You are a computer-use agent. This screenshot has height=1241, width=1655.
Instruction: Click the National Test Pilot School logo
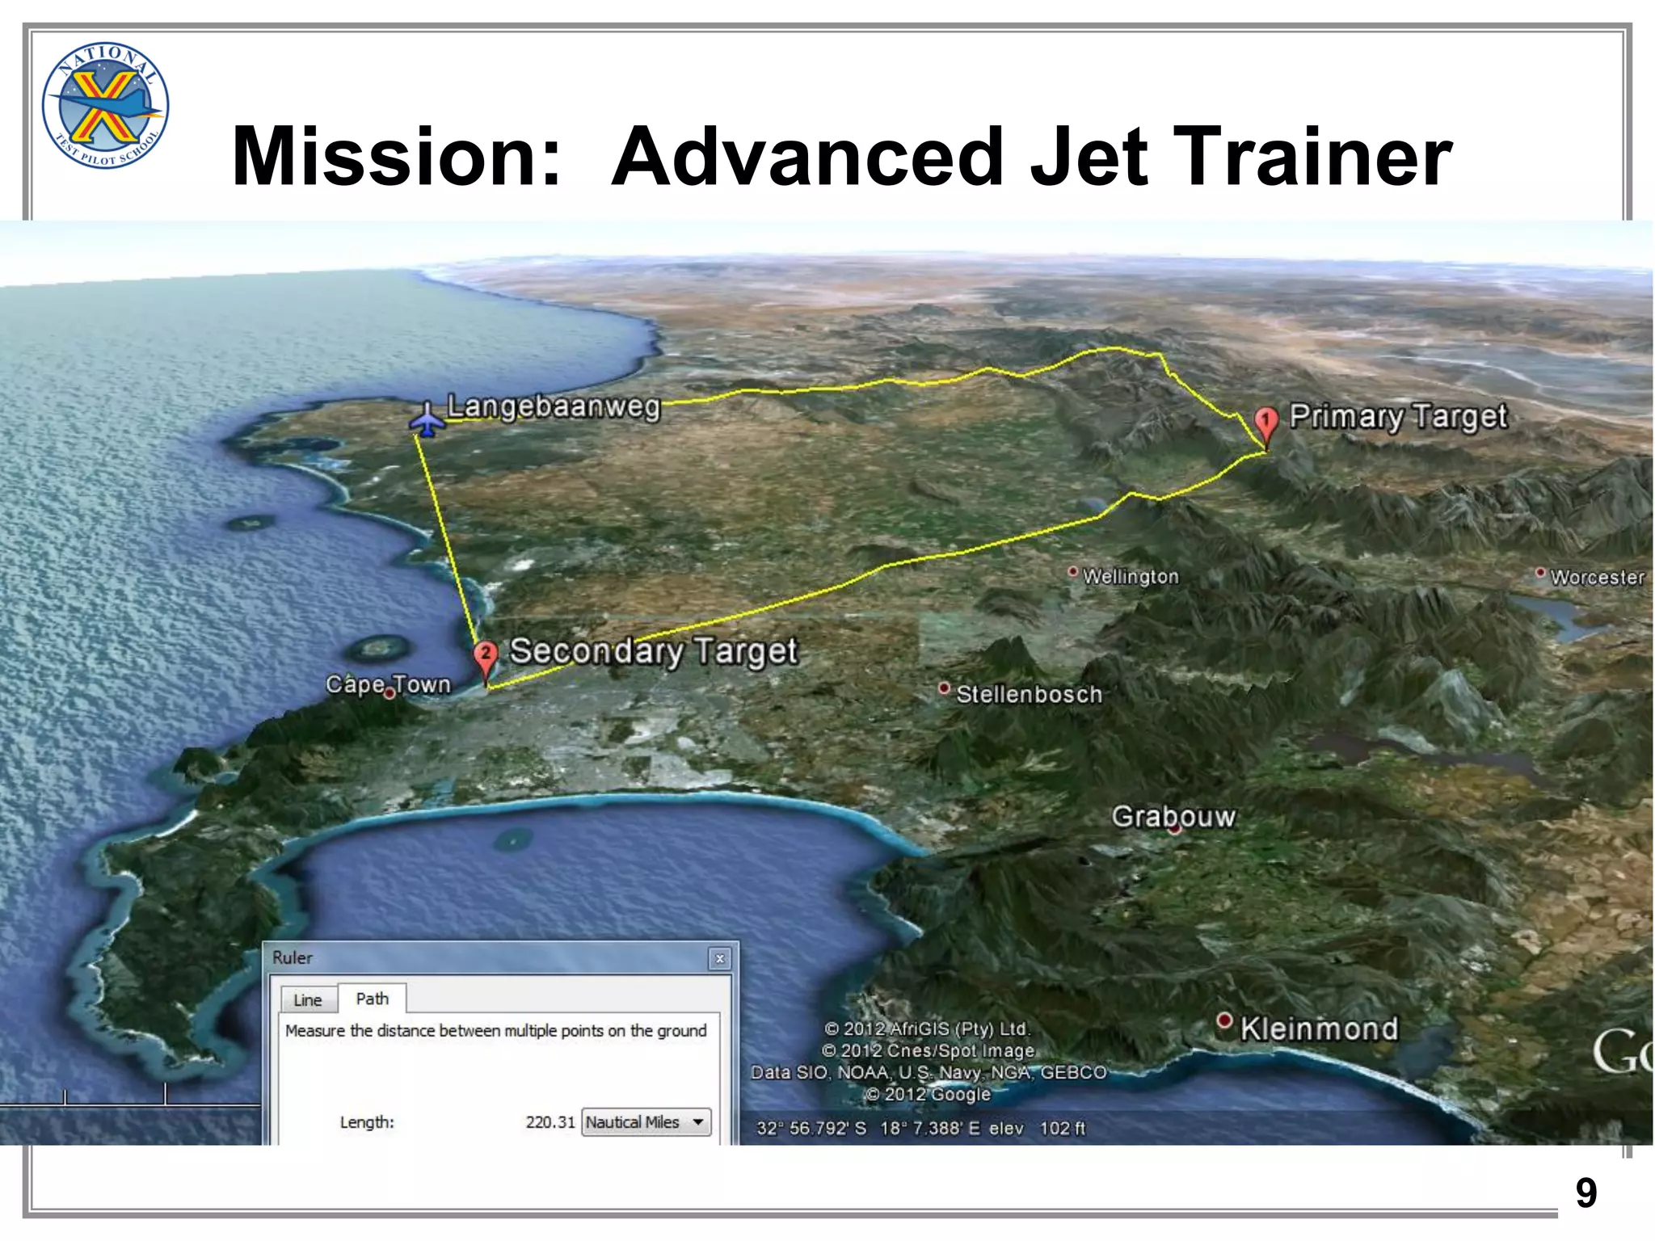(105, 105)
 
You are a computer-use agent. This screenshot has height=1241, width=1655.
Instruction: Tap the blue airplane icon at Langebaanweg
(427, 419)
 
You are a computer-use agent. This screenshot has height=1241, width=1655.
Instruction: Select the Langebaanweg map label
(554, 406)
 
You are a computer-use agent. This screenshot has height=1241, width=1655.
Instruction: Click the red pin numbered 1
(1265, 423)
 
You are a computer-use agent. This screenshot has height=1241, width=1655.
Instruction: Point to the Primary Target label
(1397, 416)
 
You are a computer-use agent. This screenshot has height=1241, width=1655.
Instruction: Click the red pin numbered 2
(485, 656)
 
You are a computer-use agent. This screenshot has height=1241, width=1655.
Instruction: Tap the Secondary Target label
(653, 651)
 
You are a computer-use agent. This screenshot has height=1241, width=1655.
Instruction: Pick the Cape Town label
(388, 684)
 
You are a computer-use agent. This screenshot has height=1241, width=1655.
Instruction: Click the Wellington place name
(1130, 576)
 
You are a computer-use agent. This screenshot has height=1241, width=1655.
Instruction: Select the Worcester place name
(1597, 577)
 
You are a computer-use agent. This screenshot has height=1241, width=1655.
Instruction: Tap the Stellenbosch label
(1029, 694)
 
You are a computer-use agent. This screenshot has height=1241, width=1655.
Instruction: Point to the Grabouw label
(1173, 816)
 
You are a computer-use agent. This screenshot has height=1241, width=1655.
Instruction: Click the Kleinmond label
(1319, 1029)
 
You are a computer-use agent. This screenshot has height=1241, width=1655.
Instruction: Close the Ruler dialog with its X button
(719, 959)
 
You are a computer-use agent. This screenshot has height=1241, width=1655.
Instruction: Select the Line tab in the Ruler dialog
(307, 1000)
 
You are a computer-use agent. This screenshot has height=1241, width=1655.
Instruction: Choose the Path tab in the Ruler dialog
(372, 999)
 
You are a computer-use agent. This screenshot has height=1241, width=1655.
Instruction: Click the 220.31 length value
(550, 1122)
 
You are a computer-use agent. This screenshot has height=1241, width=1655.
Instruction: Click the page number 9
(1586, 1193)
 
